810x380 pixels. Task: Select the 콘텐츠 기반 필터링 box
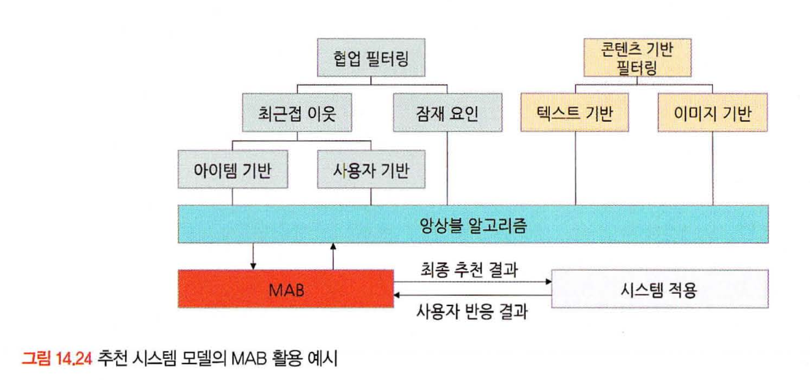click(637, 57)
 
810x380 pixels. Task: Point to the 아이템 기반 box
click(232, 169)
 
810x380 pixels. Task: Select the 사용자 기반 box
click(372, 169)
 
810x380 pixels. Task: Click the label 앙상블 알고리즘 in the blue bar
click(473, 223)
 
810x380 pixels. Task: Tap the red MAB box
click(285, 290)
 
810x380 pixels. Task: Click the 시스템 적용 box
click(659, 290)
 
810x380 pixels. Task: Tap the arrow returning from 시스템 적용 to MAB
click(400, 296)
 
